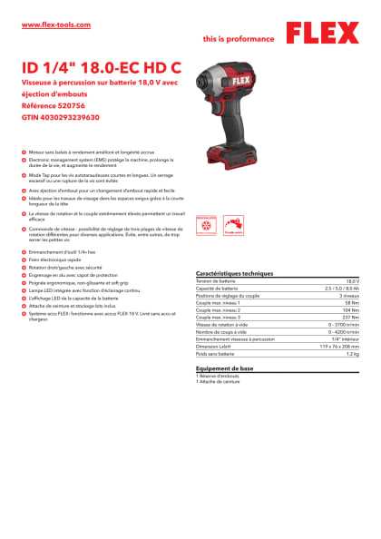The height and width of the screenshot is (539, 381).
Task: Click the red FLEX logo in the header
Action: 321,34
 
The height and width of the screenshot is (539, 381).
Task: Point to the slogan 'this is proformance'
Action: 239,39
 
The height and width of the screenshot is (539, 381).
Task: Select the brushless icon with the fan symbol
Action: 205,222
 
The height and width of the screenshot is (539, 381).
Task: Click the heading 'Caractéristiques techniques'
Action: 234,273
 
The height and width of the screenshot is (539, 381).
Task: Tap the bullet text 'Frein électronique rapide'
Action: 60,260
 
